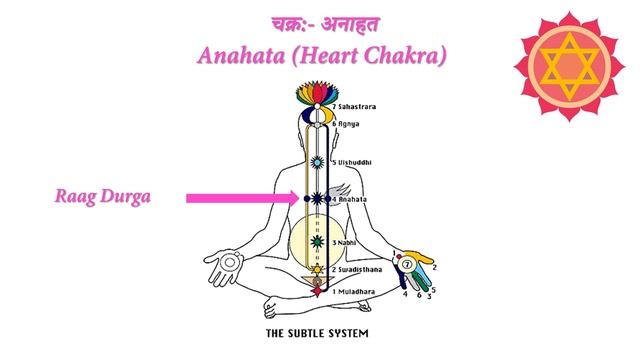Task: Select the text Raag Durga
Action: pyautogui.click(x=103, y=197)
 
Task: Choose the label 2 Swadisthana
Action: pyautogui.click(x=355, y=270)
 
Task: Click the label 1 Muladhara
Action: pyautogui.click(x=352, y=290)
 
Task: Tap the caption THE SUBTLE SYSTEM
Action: pyautogui.click(x=318, y=330)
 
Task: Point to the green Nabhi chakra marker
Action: pyautogui.click(x=318, y=241)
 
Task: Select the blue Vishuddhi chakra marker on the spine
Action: pyautogui.click(x=318, y=160)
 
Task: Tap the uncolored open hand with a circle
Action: pyautogui.click(x=231, y=264)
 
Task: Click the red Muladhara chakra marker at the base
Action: pyautogui.click(x=318, y=290)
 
